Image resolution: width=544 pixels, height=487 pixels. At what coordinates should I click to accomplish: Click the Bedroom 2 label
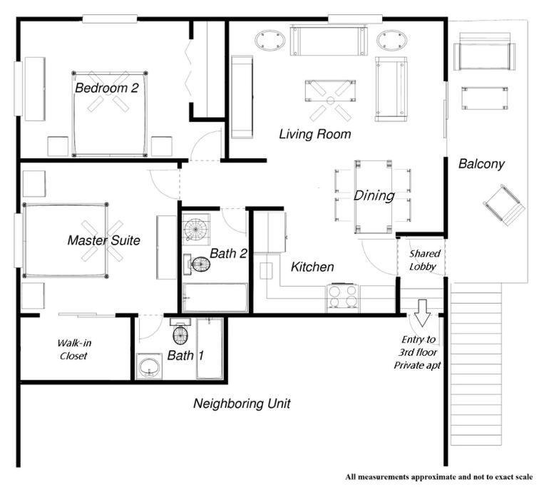pyautogui.click(x=106, y=88)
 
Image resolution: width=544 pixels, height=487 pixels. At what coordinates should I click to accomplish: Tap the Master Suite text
pyautogui.click(x=103, y=240)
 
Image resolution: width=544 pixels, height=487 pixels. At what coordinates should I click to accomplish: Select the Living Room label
pyautogui.click(x=314, y=134)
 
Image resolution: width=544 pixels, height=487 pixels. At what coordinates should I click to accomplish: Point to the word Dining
pyautogui.click(x=374, y=196)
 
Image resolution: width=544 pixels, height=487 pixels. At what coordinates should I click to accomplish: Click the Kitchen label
pyautogui.click(x=312, y=267)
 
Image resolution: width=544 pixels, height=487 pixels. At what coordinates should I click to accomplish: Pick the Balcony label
pyautogui.click(x=481, y=164)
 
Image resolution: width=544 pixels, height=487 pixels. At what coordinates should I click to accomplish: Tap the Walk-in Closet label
pyautogui.click(x=74, y=349)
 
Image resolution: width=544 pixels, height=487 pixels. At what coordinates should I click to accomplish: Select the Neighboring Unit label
pyautogui.click(x=242, y=404)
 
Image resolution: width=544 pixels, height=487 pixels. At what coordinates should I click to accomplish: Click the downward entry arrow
pyautogui.click(x=422, y=313)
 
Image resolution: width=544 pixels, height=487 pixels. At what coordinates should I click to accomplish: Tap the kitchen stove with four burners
pyautogui.click(x=342, y=297)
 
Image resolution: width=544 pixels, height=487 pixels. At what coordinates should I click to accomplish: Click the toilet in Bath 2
pyautogui.click(x=197, y=264)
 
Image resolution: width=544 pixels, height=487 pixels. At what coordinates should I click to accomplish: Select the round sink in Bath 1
pyautogui.click(x=149, y=366)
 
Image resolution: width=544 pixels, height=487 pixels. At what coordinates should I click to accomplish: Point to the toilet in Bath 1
pyautogui.click(x=180, y=331)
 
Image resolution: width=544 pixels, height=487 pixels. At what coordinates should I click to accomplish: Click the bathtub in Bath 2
pyautogui.click(x=215, y=297)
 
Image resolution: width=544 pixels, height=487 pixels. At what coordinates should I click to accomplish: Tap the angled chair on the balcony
pyautogui.click(x=504, y=205)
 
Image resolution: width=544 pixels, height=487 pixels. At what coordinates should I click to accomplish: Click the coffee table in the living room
pyautogui.click(x=331, y=91)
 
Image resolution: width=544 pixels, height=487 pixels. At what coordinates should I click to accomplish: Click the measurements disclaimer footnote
pyautogui.click(x=439, y=477)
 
